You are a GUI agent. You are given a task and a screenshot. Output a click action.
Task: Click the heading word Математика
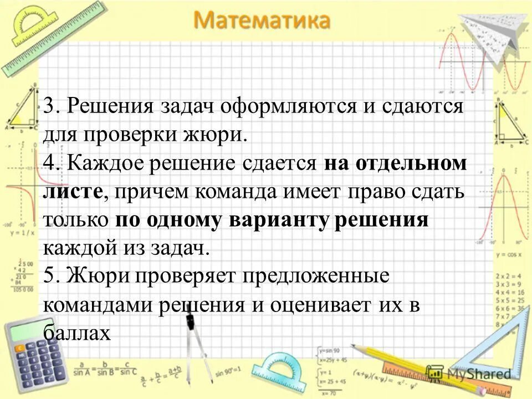262,22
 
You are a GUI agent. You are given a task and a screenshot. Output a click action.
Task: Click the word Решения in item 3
112,106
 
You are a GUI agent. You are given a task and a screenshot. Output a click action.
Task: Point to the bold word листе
73,192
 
